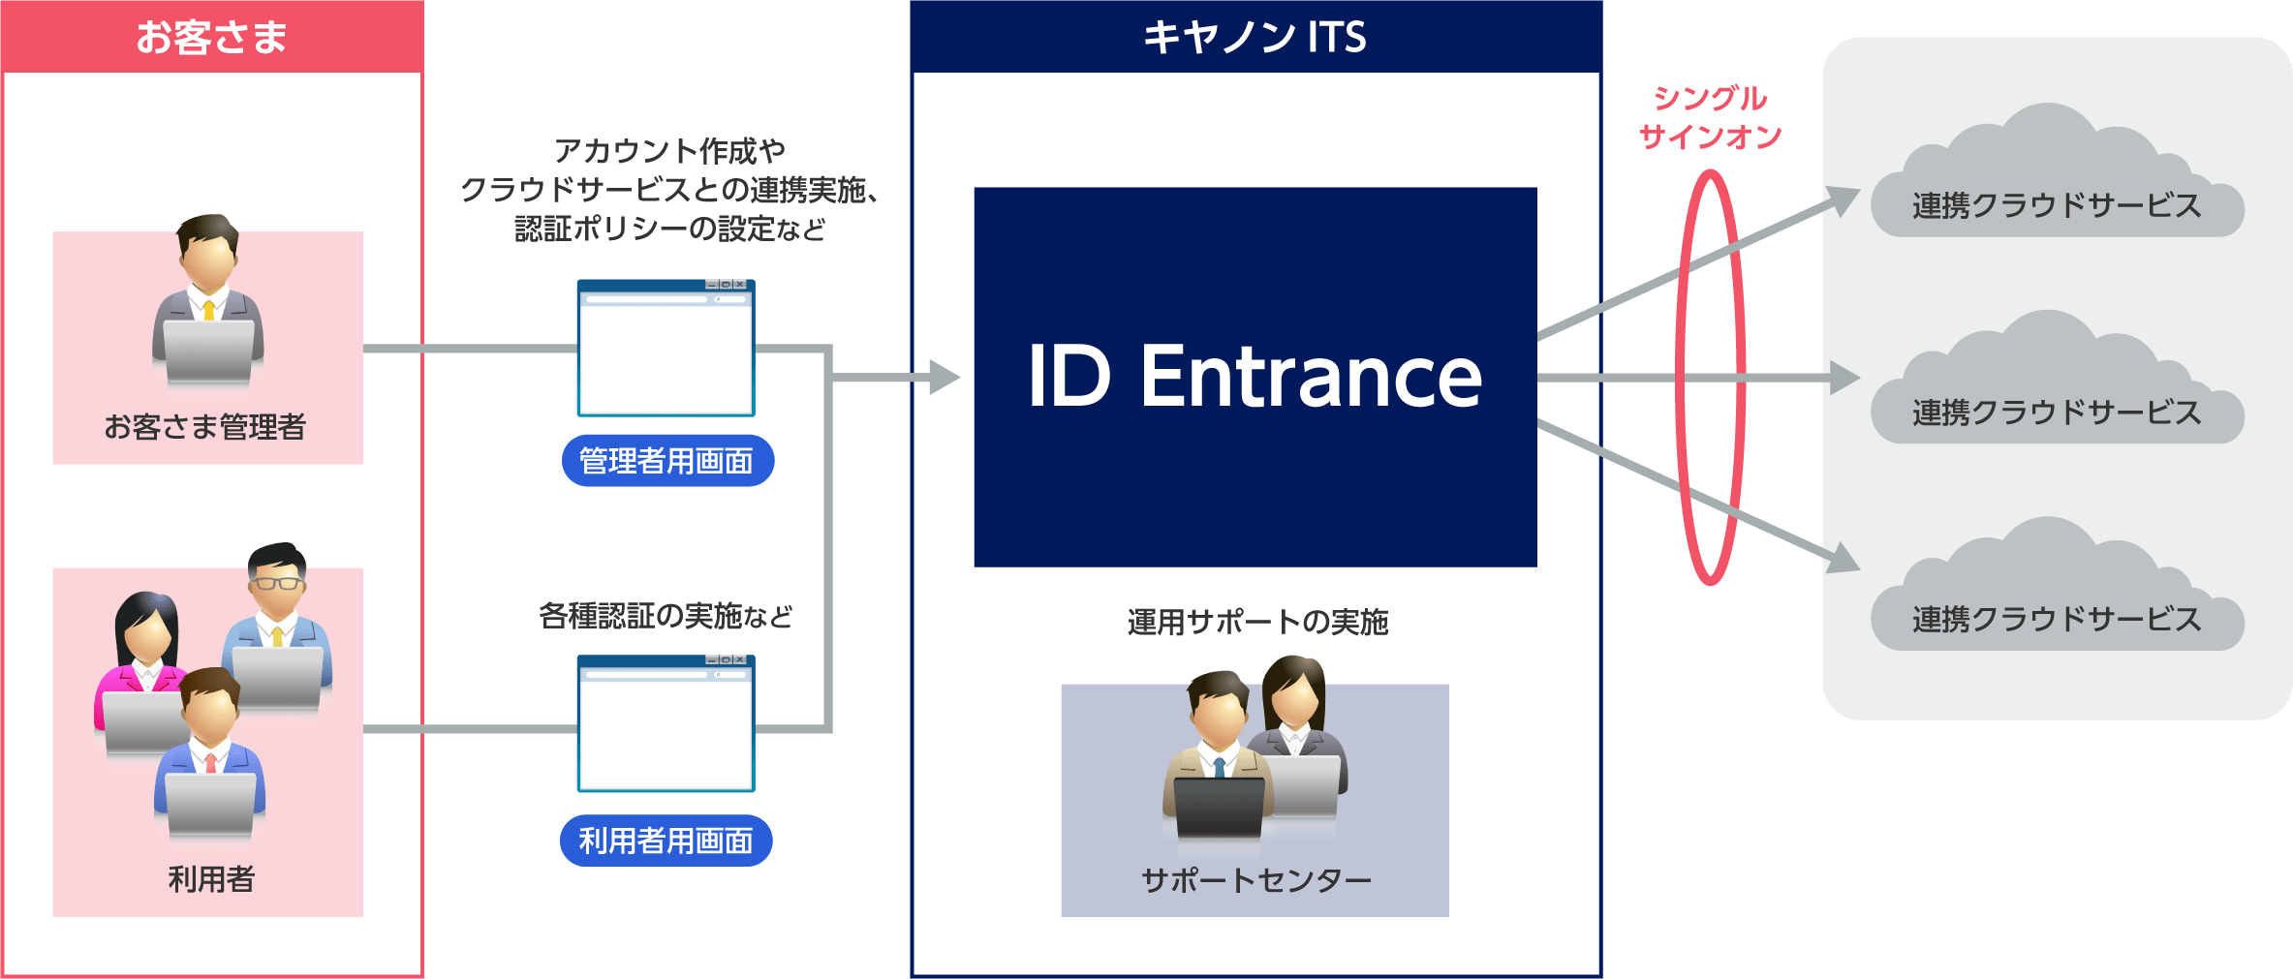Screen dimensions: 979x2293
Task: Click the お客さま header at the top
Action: [211, 37]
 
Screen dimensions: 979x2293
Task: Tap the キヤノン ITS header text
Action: [1255, 37]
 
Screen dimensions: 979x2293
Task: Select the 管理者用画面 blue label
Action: [666, 461]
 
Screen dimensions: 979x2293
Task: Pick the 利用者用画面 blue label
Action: [666, 841]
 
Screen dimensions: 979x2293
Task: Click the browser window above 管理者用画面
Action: [666, 349]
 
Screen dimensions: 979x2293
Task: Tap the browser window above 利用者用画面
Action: [666, 723]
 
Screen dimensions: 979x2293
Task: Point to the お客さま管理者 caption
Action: [205, 426]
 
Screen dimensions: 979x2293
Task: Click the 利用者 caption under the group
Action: [211, 879]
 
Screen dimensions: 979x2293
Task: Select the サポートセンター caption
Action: [1256, 880]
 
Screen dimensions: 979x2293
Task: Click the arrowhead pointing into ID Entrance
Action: [944, 377]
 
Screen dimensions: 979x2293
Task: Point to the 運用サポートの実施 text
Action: [1257, 622]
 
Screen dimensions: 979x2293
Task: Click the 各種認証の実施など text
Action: [666, 616]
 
